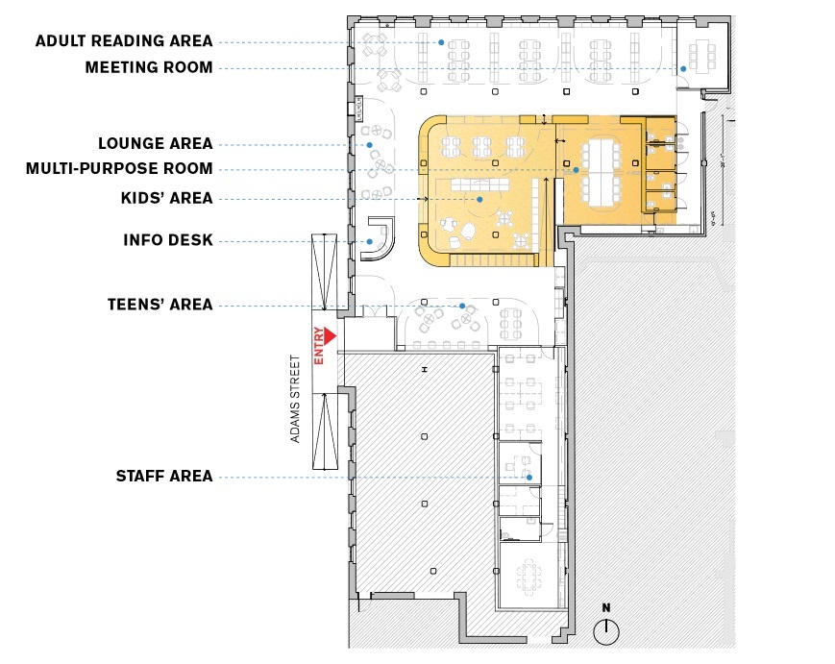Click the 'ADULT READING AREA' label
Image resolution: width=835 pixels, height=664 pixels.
click(124, 41)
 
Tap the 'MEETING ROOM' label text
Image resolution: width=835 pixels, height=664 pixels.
click(149, 67)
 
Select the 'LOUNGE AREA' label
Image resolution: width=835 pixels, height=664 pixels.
click(156, 144)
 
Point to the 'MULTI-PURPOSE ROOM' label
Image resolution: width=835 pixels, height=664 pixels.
click(119, 169)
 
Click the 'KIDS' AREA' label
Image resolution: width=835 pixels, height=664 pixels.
click(166, 198)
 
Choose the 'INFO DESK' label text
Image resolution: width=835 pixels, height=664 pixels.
click(168, 240)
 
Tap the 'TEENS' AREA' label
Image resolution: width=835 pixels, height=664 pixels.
click(160, 305)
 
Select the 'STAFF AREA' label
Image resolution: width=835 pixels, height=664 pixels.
click(164, 476)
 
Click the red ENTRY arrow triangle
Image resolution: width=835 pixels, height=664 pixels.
click(331, 336)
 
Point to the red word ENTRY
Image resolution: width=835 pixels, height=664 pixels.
click(319, 346)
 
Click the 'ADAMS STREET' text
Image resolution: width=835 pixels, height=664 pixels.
click(295, 400)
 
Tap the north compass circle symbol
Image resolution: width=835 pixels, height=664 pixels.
click(606, 632)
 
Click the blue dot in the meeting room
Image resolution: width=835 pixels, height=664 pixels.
click(683, 68)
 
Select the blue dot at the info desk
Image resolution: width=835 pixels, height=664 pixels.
click(370, 242)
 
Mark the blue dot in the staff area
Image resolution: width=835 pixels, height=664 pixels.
click(529, 478)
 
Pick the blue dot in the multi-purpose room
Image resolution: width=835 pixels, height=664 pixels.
click(576, 170)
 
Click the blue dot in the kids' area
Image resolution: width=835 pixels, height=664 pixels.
click(479, 200)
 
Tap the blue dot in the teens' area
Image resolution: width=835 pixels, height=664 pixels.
click(462, 307)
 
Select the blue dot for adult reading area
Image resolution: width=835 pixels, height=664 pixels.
click(441, 42)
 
